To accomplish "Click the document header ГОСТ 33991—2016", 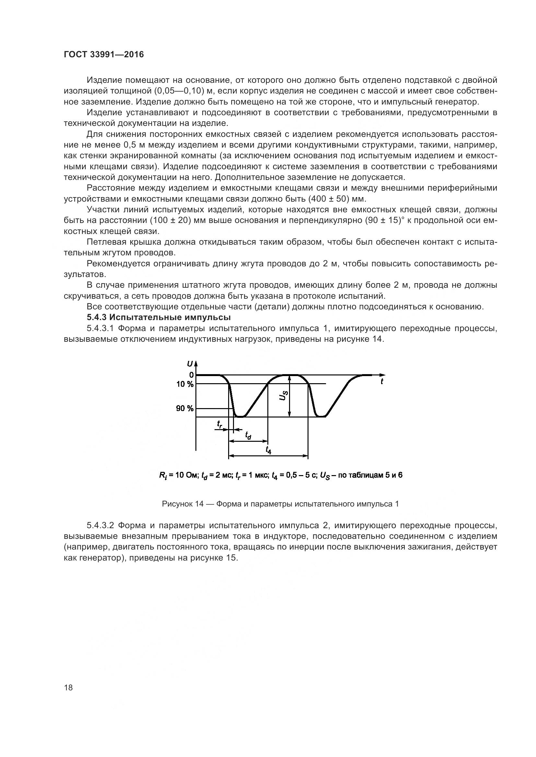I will point(104,55).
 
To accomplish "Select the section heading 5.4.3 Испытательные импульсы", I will point(158,317).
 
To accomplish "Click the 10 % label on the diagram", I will point(185,384).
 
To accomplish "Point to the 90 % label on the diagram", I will point(185,409).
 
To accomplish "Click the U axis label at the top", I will point(190,364).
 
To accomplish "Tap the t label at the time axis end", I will point(382,382).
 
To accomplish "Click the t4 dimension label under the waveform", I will point(268,450).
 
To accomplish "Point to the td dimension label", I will point(248,436).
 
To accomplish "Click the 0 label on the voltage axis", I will point(191,375).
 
